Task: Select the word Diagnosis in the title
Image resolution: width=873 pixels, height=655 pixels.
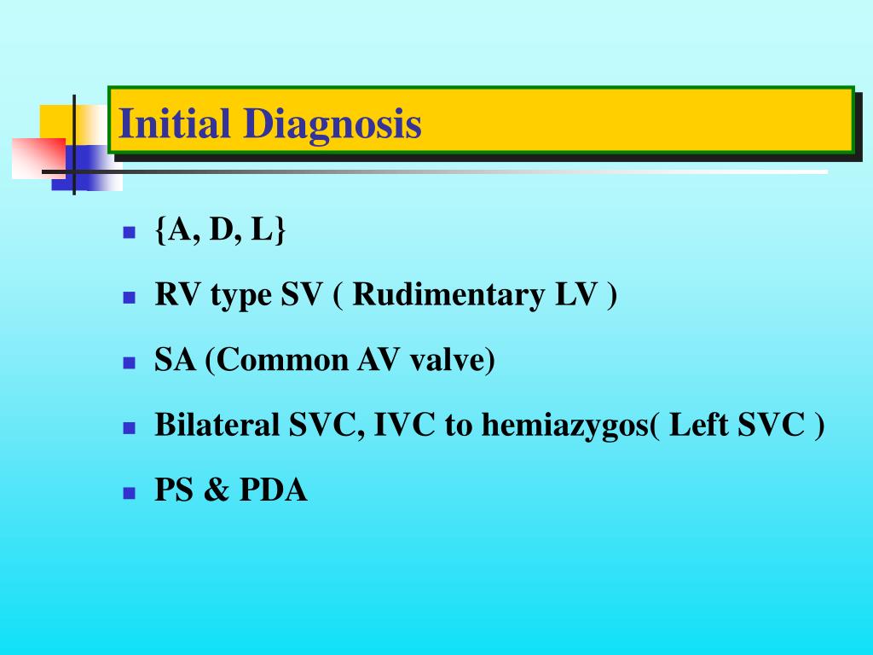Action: pos(332,125)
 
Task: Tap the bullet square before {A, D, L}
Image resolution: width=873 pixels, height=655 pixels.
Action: pos(130,232)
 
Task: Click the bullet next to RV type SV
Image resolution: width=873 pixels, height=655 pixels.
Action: pos(130,298)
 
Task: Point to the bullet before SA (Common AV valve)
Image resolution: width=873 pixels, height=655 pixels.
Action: pos(130,362)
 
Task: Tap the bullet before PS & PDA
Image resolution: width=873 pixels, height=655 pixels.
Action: pos(130,493)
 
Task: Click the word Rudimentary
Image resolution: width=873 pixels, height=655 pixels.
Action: pos(448,295)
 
